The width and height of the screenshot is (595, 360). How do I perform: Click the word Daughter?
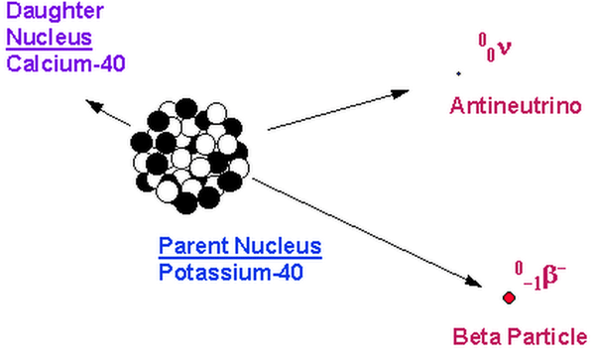pyautogui.click(x=55, y=11)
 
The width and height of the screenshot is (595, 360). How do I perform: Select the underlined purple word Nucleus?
pyautogui.click(x=49, y=38)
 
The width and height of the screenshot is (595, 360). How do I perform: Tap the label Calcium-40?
pyautogui.click(x=65, y=63)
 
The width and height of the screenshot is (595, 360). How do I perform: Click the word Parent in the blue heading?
pyautogui.click(x=193, y=246)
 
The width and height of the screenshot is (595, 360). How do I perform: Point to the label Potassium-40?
pyautogui.click(x=231, y=272)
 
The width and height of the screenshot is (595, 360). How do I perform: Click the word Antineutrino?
pyautogui.click(x=516, y=105)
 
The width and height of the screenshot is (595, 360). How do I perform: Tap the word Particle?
pyautogui.click(x=547, y=336)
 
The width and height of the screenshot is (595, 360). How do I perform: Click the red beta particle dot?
pyautogui.click(x=509, y=298)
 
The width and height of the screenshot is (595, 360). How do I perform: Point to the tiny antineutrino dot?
pyautogui.click(x=458, y=73)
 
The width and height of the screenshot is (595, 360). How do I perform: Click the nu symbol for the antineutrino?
pyautogui.click(x=505, y=48)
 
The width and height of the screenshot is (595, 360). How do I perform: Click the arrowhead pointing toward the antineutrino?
pyautogui.click(x=400, y=93)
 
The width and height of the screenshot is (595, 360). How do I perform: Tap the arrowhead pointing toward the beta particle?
pyautogui.click(x=473, y=281)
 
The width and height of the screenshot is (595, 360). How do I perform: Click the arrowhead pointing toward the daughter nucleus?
pyautogui.click(x=94, y=105)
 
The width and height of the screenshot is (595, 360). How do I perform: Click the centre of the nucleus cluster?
pyautogui.click(x=189, y=156)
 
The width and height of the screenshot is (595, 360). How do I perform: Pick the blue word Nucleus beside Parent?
pyautogui.click(x=278, y=246)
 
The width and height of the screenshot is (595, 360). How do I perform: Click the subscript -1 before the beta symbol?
pyautogui.click(x=533, y=284)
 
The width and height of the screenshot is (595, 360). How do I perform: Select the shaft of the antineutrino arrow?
pyautogui.click(x=338, y=110)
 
